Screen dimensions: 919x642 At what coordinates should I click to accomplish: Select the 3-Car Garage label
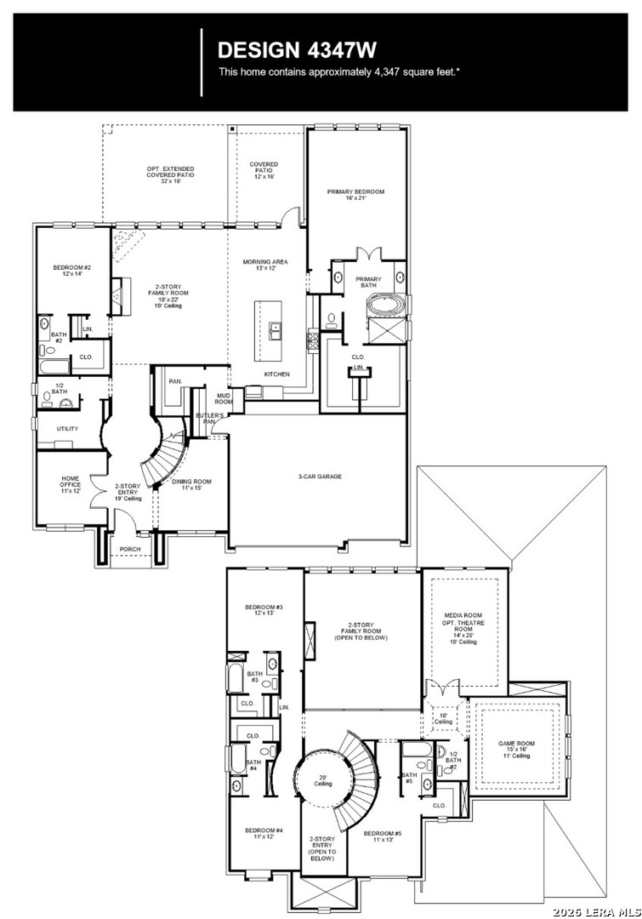pyautogui.click(x=320, y=477)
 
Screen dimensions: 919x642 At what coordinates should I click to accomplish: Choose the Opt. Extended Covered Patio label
pyautogui.click(x=170, y=173)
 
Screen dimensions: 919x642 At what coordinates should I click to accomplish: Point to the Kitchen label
pyautogui.click(x=276, y=374)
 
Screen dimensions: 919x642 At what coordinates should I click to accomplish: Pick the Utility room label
pyautogui.click(x=67, y=429)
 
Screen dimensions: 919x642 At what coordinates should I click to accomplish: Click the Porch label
pyautogui.click(x=130, y=549)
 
